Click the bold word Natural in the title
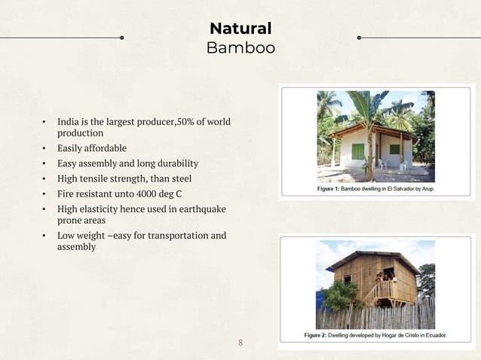click(x=240, y=29)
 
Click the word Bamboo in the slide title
click(x=240, y=48)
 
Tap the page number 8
click(x=240, y=343)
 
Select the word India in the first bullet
click(x=69, y=122)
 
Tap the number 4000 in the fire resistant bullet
click(x=142, y=194)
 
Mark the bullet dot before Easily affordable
click(x=44, y=148)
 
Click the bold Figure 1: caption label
click(x=330, y=189)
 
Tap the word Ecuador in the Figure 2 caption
click(x=430, y=334)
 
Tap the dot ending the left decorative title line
click(x=121, y=36)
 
